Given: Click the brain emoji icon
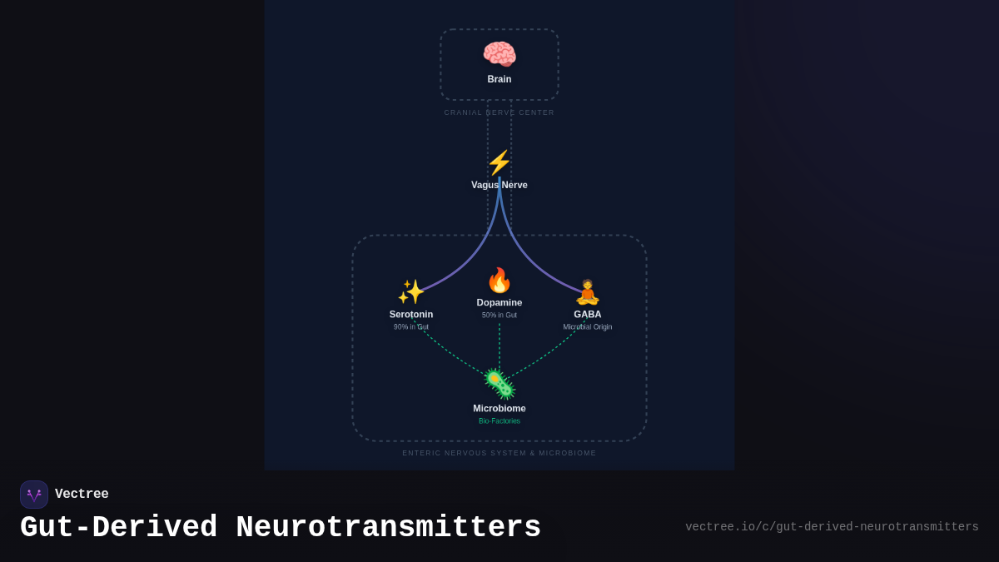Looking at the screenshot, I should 499,55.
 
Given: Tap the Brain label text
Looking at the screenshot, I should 499,79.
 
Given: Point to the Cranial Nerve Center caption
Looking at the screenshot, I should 499,112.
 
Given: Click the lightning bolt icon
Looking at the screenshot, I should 499,162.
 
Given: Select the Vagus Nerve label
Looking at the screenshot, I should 499,185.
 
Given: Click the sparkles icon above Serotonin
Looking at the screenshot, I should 411,292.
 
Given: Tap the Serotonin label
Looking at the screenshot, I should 411,315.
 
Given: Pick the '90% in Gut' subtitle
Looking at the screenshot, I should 411,327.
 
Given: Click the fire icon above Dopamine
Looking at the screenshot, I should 499,281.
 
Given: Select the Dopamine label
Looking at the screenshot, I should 499,302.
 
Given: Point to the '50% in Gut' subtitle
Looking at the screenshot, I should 499,316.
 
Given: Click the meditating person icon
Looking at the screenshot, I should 588,292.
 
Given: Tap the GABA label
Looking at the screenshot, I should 588,315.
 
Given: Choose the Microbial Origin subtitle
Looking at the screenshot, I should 588,327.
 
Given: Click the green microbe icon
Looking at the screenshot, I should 499,385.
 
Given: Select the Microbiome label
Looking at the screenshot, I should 499,409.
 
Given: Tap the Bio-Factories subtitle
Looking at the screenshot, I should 499,421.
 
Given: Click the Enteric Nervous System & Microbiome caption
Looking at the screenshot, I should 499,453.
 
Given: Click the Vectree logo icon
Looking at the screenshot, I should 34,495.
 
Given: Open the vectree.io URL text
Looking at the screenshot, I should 832,527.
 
